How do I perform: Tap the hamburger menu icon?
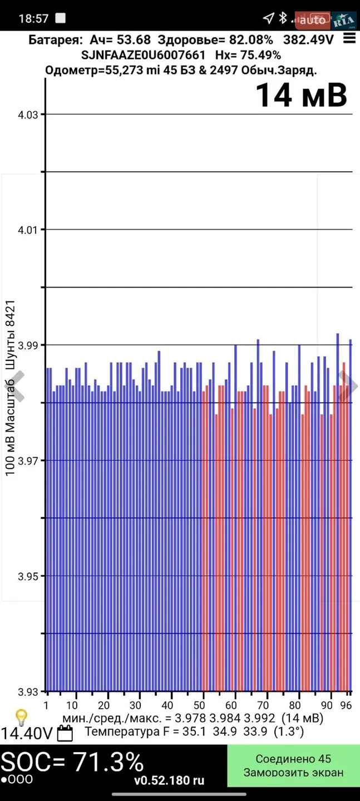(x=349, y=38)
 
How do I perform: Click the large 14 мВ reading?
(x=302, y=95)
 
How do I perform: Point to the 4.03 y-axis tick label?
(x=28, y=115)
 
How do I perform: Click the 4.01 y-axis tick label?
(x=28, y=230)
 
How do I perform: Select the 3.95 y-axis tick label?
(x=28, y=576)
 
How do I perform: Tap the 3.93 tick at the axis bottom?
(x=28, y=692)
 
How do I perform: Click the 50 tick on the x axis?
(x=199, y=705)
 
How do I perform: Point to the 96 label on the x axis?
(x=346, y=705)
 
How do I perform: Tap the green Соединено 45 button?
(x=293, y=765)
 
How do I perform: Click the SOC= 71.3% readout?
(x=72, y=762)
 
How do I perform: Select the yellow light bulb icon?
(x=22, y=718)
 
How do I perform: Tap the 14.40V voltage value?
(x=27, y=733)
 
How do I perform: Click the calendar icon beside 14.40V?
(x=65, y=733)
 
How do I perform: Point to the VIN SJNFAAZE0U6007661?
(x=143, y=56)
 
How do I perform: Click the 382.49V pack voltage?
(x=308, y=39)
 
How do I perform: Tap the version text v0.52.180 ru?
(x=169, y=780)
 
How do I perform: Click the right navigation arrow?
(x=348, y=386)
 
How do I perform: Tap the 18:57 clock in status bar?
(x=33, y=18)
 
